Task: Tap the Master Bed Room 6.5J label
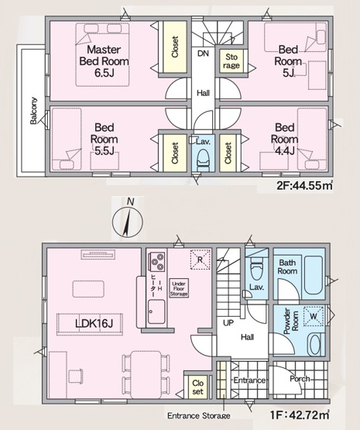click(x=104, y=61)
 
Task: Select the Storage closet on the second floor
click(x=231, y=61)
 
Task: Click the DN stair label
click(x=203, y=53)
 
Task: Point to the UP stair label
click(x=228, y=323)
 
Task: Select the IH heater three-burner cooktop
click(x=157, y=262)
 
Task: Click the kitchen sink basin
click(x=156, y=311)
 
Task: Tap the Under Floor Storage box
click(x=179, y=288)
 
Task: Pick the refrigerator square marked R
click(x=201, y=260)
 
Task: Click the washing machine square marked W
click(x=314, y=316)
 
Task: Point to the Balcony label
click(x=33, y=111)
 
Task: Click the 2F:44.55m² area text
click(x=304, y=186)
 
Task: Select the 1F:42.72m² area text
click(x=300, y=415)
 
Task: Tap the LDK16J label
click(x=94, y=324)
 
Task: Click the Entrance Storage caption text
click(x=199, y=416)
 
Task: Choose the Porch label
click(x=300, y=379)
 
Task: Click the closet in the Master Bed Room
click(x=175, y=46)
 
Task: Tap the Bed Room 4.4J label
click(x=285, y=139)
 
